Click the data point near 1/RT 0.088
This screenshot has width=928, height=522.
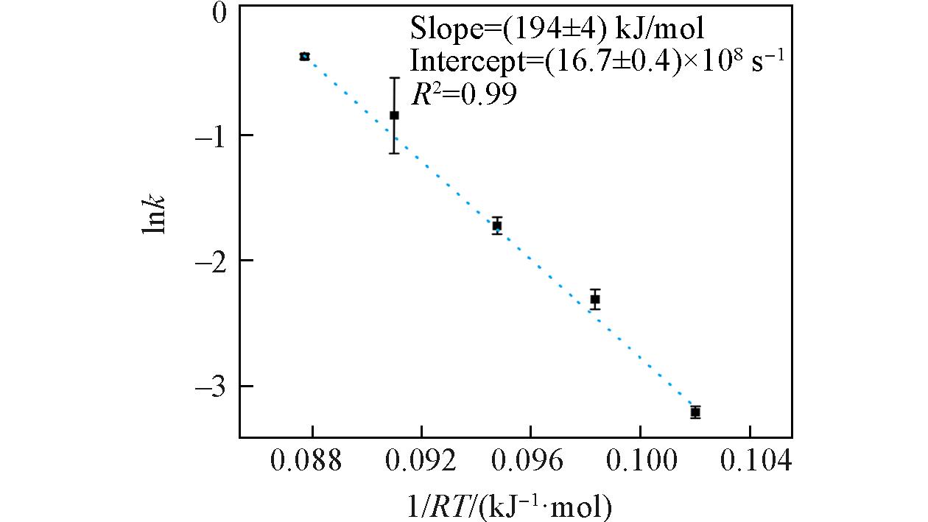[304, 56]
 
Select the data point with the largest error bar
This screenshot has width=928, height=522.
[394, 115]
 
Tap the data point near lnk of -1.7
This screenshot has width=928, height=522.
[497, 225]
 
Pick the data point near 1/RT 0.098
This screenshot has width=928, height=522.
[595, 299]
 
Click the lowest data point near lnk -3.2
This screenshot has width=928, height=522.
[695, 412]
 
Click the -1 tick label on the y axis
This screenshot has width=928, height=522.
[214, 135]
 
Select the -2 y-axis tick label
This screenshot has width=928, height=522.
[214, 261]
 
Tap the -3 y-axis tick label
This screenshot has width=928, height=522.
[214, 387]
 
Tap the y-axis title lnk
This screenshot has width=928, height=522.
[154, 214]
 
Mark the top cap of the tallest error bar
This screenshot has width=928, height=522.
[394, 77]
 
